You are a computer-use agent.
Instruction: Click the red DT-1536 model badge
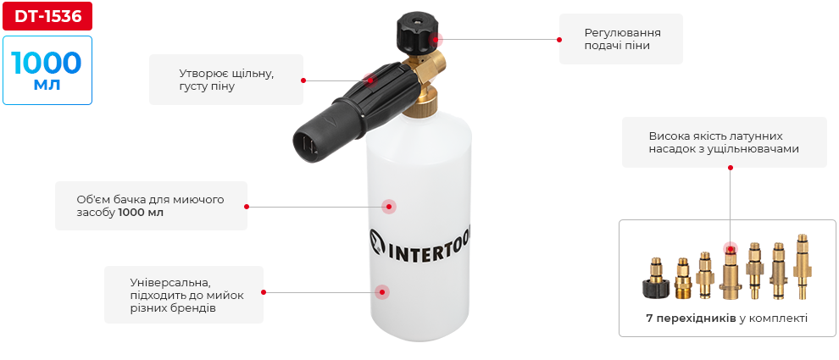click(x=47, y=17)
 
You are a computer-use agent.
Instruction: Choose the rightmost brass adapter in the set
click(x=801, y=265)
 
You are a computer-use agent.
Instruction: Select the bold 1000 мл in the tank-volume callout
click(x=141, y=213)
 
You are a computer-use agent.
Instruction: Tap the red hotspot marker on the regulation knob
click(x=436, y=39)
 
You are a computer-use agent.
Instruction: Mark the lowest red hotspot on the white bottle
click(x=381, y=292)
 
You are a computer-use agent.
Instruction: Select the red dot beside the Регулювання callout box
click(x=559, y=40)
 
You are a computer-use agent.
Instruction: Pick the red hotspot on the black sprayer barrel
click(x=369, y=80)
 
